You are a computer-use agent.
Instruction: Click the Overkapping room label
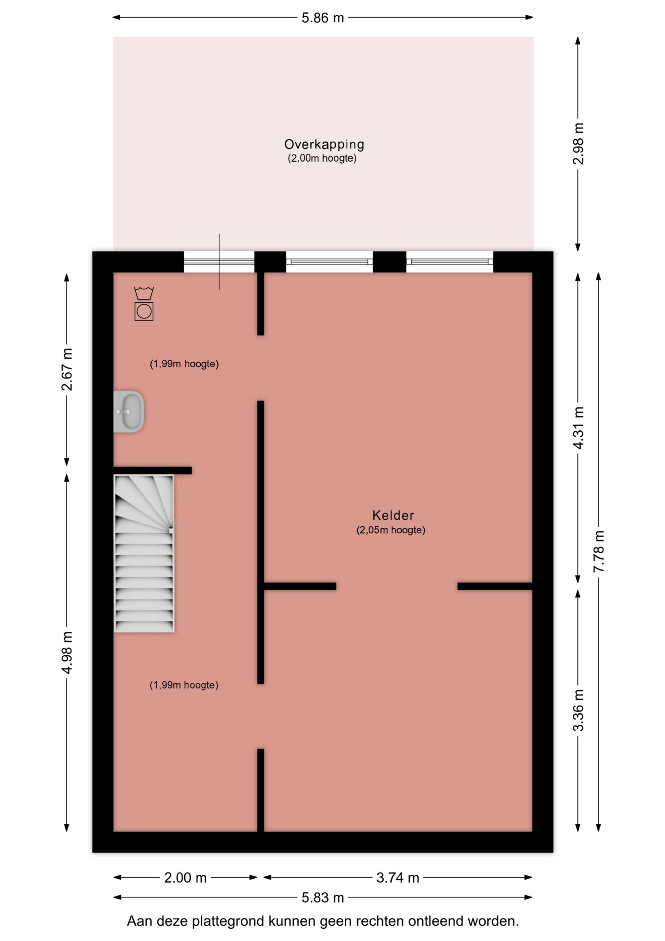click(324, 145)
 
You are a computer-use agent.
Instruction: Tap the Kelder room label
click(393, 515)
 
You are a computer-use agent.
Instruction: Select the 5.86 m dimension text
click(323, 18)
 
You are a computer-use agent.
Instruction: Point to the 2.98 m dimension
click(578, 144)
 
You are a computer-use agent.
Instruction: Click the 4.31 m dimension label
click(578, 428)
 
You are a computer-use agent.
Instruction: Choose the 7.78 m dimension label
click(599, 551)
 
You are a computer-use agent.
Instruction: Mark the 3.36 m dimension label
click(578, 710)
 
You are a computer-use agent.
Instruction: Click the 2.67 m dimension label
click(67, 370)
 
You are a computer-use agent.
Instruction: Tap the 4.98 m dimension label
click(67, 652)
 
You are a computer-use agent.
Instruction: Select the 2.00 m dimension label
click(185, 878)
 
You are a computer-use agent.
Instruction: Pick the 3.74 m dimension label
click(398, 878)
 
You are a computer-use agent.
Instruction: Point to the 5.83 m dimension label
click(323, 898)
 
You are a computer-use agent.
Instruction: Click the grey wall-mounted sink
click(128, 412)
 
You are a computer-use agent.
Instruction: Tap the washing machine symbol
click(144, 311)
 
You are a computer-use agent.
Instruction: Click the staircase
click(144, 553)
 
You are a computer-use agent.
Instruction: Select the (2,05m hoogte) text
click(391, 530)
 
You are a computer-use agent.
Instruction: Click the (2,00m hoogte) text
click(322, 158)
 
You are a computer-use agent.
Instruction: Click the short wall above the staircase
click(152, 470)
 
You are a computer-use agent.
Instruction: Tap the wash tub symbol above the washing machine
click(144, 293)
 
